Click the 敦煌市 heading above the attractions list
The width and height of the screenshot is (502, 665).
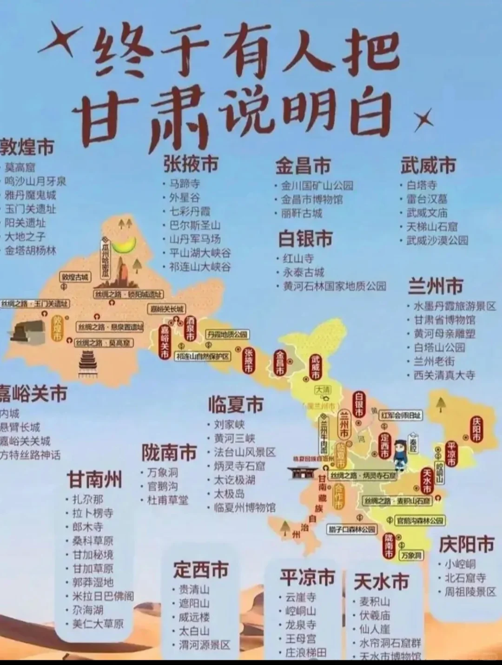[27, 147]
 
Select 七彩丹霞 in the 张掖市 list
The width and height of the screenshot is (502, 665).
[190, 211]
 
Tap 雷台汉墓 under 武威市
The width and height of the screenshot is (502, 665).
[427, 199]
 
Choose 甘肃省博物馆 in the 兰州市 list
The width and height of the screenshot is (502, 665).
[444, 320]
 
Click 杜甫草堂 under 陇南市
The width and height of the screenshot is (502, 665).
[168, 500]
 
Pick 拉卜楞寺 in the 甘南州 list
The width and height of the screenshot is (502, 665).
[92, 513]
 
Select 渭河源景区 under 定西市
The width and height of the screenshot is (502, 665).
[205, 645]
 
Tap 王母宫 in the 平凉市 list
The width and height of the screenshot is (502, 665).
[300, 639]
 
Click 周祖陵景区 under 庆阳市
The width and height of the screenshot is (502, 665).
[470, 592]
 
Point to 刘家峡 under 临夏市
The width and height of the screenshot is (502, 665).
[229, 424]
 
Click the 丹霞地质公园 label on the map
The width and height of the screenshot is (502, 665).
[228, 335]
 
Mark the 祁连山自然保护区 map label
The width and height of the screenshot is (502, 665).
[203, 356]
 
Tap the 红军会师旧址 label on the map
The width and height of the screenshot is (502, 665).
[401, 415]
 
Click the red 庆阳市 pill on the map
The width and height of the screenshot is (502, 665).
[477, 429]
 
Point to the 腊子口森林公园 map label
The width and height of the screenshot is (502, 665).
[351, 529]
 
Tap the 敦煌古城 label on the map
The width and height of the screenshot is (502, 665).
[75, 277]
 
